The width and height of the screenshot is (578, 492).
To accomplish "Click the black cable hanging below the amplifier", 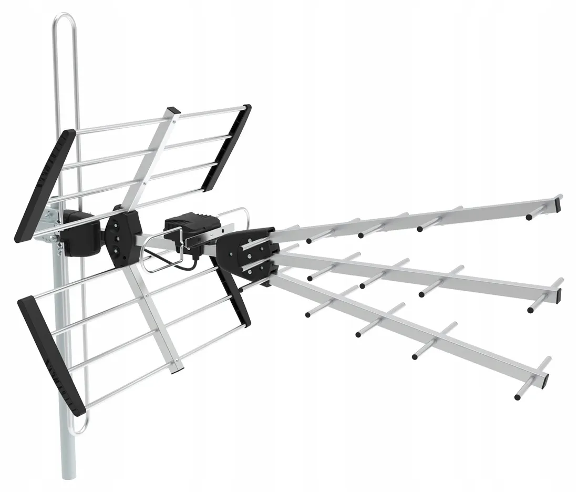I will pyautogui.click(x=158, y=258).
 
